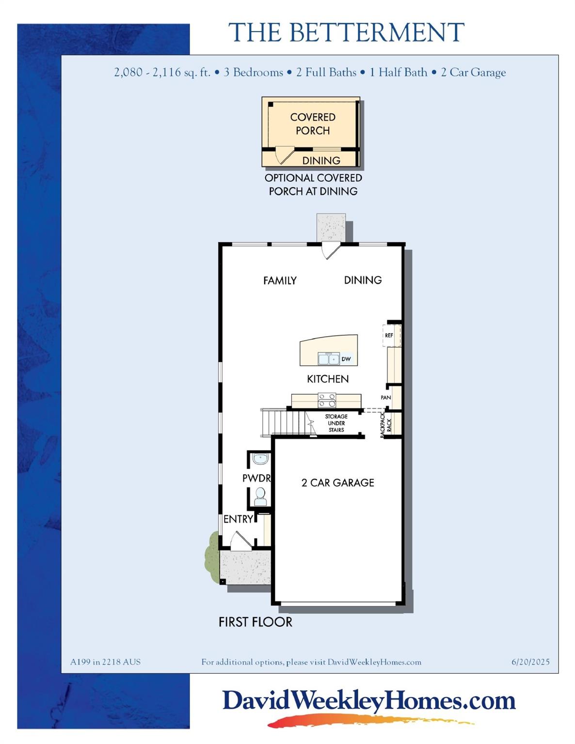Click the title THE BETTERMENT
coord(346,33)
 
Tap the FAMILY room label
coord(280,280)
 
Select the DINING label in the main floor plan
coord(363,280)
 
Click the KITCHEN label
coord(328,379)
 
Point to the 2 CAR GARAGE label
coord(338,482)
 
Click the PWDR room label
coord(256,478)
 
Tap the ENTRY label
coord(238,519)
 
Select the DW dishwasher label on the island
coord(346,359)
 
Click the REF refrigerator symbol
coord(389,335)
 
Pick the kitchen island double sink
coord(328,359)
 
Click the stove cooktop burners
coord(327,400)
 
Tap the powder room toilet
coord(260,495)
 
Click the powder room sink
coord(260,458)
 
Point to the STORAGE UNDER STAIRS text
coord(336,423)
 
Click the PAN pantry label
coord(386,398)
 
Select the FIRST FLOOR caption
coord(256,622)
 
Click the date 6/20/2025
coord(530,662)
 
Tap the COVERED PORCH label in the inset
coord(313,124)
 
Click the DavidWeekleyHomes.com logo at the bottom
coord(368,701)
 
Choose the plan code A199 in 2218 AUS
coord(105,662)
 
